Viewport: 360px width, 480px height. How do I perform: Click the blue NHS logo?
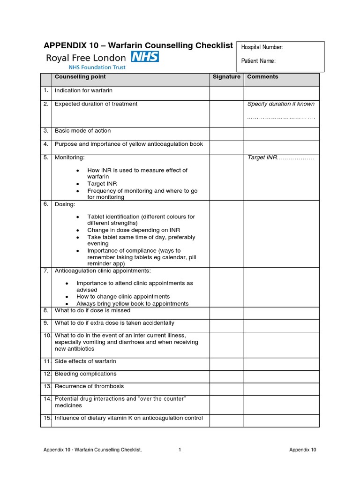[145, 57]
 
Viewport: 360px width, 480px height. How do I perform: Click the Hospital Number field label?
[262, 47]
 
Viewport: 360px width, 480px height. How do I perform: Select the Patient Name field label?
[258, 61]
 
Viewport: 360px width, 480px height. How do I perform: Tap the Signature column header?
[226, 77]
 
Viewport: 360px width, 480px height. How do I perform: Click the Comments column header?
[262, 77]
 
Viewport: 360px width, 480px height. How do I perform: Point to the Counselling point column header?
[80, 77]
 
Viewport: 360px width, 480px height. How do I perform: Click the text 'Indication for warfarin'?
[83, 90]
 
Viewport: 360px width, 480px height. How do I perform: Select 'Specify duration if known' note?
[281, 104]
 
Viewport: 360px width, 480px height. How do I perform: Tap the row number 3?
[46, 131]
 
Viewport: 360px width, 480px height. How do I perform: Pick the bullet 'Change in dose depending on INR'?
[134, 230]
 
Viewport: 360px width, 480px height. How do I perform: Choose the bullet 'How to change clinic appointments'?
[123, 297]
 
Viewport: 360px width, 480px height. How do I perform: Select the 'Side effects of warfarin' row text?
[85, 361]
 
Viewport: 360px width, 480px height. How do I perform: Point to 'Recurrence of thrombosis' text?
[89, 386]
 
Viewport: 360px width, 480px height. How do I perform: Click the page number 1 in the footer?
[180, 450]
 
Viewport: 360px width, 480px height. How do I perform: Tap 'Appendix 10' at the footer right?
[302, 450]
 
